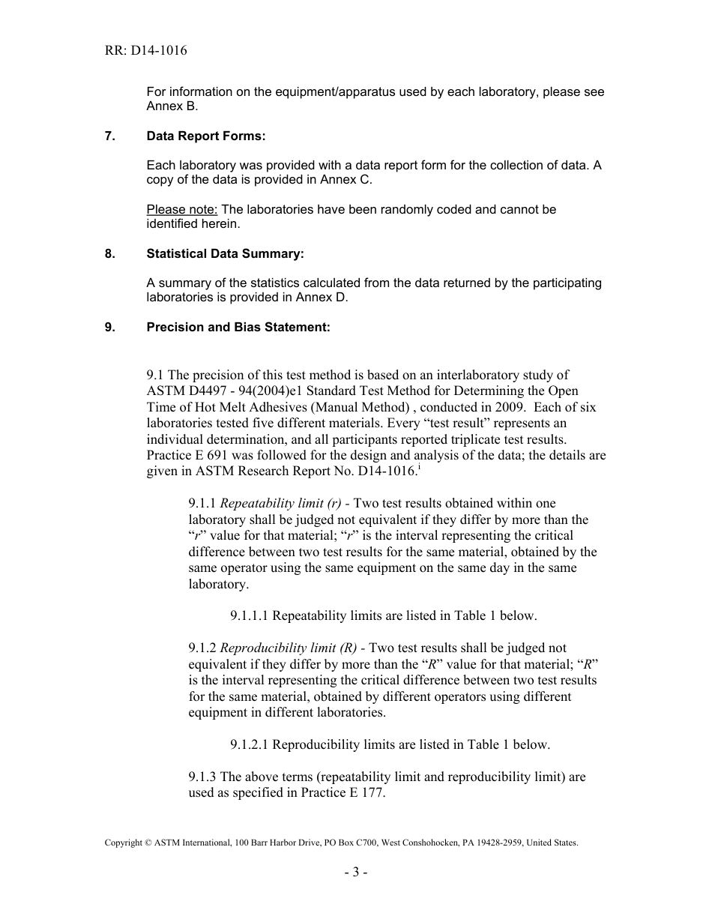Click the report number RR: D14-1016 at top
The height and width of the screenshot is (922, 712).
[145, 51]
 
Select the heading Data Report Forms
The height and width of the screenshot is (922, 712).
[206, 136]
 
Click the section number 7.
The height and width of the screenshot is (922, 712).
[109, 136]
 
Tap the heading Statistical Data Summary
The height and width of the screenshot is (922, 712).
[225, 253]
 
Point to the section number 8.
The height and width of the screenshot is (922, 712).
[109, 253]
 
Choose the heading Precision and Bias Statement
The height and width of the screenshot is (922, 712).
[238, 327]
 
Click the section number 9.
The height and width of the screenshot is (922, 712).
[109, 327]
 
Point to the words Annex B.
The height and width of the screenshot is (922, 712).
[172, 106]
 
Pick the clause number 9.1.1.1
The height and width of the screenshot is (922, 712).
[250, 615]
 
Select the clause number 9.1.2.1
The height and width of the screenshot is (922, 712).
[250, 744]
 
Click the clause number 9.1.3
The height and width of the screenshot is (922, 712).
[203, 777]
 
